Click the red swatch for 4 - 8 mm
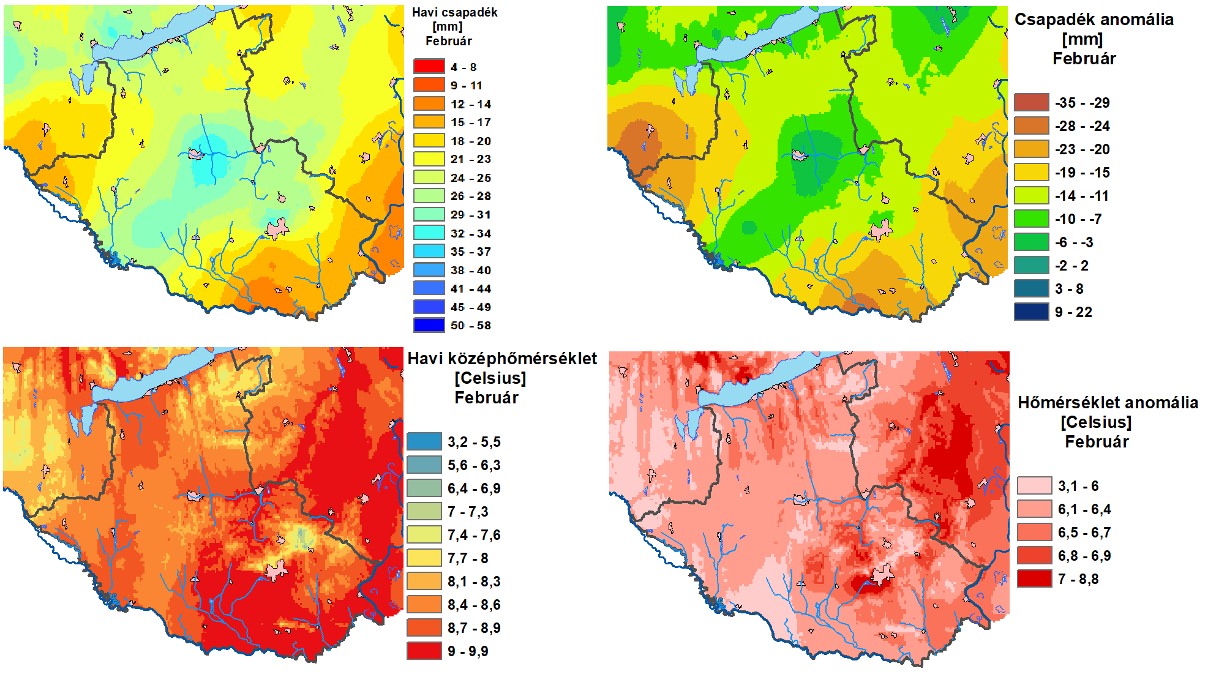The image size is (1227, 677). point(429,66)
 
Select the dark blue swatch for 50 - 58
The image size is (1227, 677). point(429,325)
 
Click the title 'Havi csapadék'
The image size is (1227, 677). point(454,12)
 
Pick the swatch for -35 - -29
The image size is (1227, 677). point(1032,102)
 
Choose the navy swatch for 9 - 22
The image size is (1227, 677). point(1032,312)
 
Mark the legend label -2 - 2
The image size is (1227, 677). point(1071,266)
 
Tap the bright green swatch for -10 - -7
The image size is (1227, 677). point(1032,219)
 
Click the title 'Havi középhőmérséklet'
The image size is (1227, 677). point(502,359)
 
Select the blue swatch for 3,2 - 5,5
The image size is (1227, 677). point(424,441)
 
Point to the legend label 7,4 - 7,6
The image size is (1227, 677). point(474,535)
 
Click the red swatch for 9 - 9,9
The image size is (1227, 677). point(424,651)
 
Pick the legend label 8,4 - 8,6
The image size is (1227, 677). point(474,605)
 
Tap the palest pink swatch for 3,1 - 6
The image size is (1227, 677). point(1035,485)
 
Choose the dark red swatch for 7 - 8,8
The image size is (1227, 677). point(1035,578)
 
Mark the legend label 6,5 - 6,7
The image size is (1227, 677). point(1084,533)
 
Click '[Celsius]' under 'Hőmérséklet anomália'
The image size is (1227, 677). point(1096,422)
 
